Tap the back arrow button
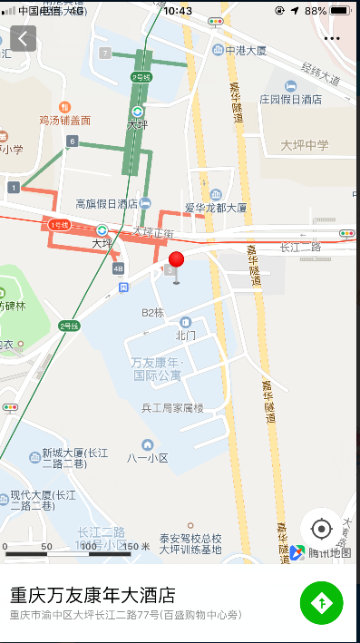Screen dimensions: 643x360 (x=24, y=38)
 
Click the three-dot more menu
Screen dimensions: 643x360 (x=331, y=39)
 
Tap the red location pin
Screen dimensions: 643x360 (x=176, y=262)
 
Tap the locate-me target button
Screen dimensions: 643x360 (x=322, y=529)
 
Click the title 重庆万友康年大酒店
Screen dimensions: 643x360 (x=92, y=595)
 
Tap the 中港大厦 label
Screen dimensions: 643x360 (x=248, y=50)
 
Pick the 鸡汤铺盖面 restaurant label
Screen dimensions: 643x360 (x=64, y=120)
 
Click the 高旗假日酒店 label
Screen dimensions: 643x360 (x=106, y=204)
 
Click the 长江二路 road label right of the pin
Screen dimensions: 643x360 (x=300, y=247)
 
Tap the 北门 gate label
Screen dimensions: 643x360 (x=186, y=335)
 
